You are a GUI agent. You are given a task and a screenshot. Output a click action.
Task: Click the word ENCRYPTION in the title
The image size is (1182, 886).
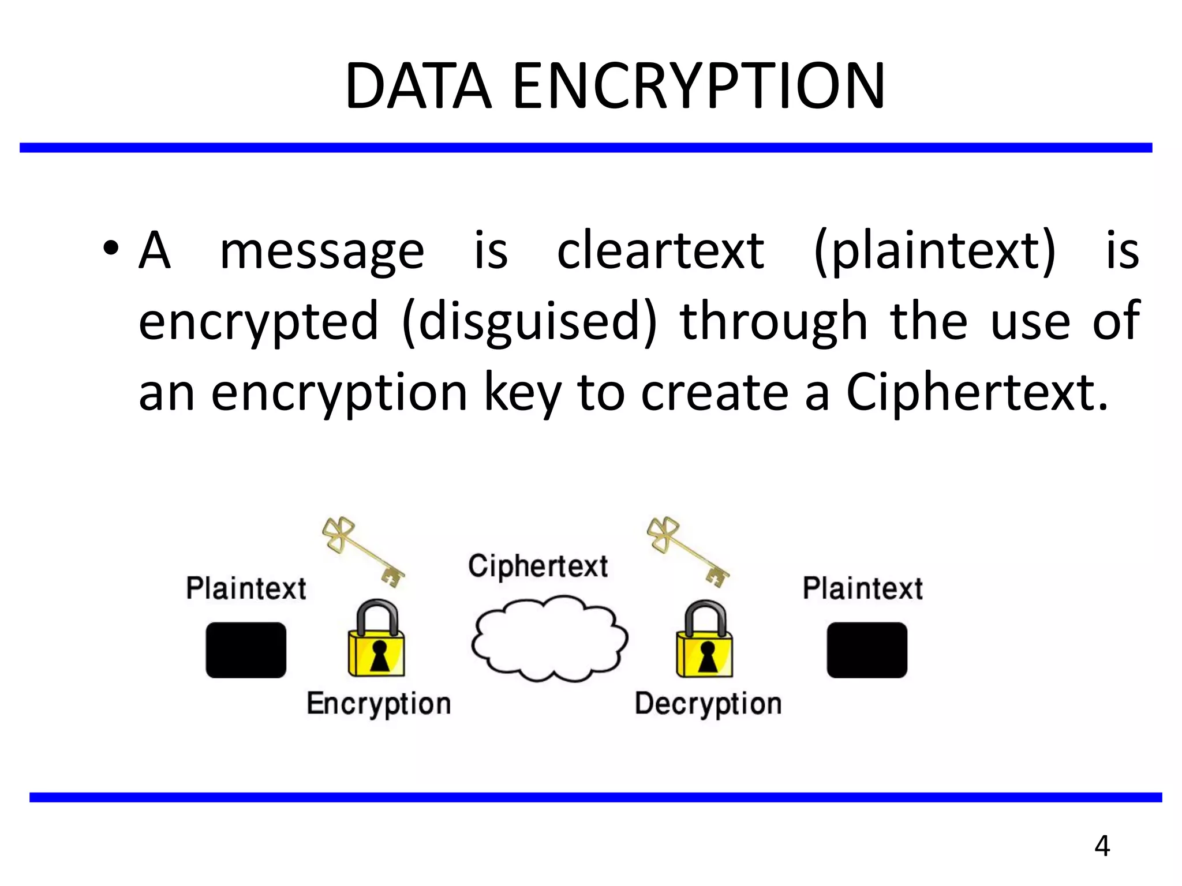(698, 87)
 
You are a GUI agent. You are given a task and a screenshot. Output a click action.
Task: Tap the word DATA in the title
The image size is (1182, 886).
(418, 87)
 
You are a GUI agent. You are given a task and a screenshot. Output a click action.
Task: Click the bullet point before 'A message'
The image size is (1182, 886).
(111, 250)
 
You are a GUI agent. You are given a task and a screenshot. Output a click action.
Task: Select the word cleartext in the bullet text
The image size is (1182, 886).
(660, 251)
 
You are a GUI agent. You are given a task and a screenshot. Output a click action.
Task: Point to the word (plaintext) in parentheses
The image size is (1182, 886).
(935, 251)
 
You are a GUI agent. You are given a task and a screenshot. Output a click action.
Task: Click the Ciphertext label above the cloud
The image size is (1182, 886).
(537, 566)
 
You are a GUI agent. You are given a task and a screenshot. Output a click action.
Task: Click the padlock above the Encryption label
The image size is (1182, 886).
(376, 640)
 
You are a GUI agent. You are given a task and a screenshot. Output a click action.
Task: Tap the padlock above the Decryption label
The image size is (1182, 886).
(705, 640)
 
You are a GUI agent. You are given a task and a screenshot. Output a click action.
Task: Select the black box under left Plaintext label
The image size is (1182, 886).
(246, 650)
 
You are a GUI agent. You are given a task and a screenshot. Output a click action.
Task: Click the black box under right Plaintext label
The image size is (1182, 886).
(866, 650)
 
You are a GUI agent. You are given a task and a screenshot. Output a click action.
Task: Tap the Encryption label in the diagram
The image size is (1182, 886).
(379, 704)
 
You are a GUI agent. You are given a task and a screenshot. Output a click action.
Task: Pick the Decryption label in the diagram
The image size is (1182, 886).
(708, 704)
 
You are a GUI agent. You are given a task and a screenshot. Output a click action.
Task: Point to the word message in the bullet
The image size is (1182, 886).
(322, 252)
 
